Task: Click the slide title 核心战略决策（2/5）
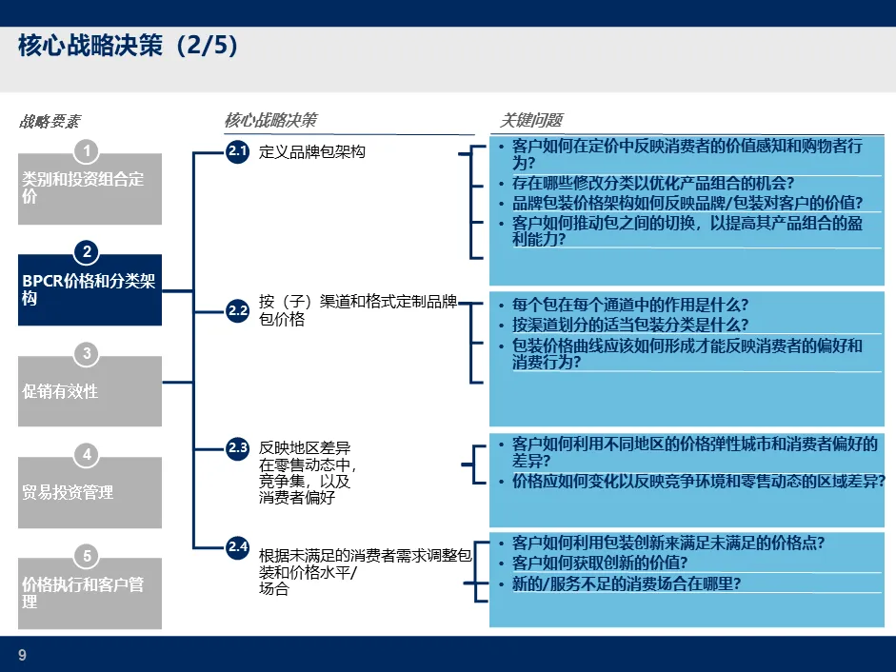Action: [x=128, y=47]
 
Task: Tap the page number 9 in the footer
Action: [x=22, y=654]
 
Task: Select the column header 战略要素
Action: [x=50, y=121]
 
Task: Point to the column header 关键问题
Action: [x=531, y=120]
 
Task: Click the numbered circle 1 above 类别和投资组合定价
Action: [x=87, y=150]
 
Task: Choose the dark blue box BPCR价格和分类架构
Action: [x=90, y=290]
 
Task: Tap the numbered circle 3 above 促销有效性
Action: [x=87, y=354]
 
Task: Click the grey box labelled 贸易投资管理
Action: [x=90, y=492]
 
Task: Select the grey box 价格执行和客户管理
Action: [x=90, y=593]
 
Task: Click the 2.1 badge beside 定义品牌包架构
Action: [x=237, y=151]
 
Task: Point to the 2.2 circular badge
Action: [x=237, y=310]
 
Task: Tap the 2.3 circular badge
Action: [x=237, y=448]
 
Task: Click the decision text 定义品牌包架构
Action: [x=312, y=152]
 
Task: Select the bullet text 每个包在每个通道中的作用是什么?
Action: [x=629, y=306]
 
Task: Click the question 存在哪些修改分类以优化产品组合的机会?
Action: [x=652, y=184]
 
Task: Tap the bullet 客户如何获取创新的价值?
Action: [x=600, y=563]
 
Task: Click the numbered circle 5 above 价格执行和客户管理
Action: [x=87, y=556]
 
